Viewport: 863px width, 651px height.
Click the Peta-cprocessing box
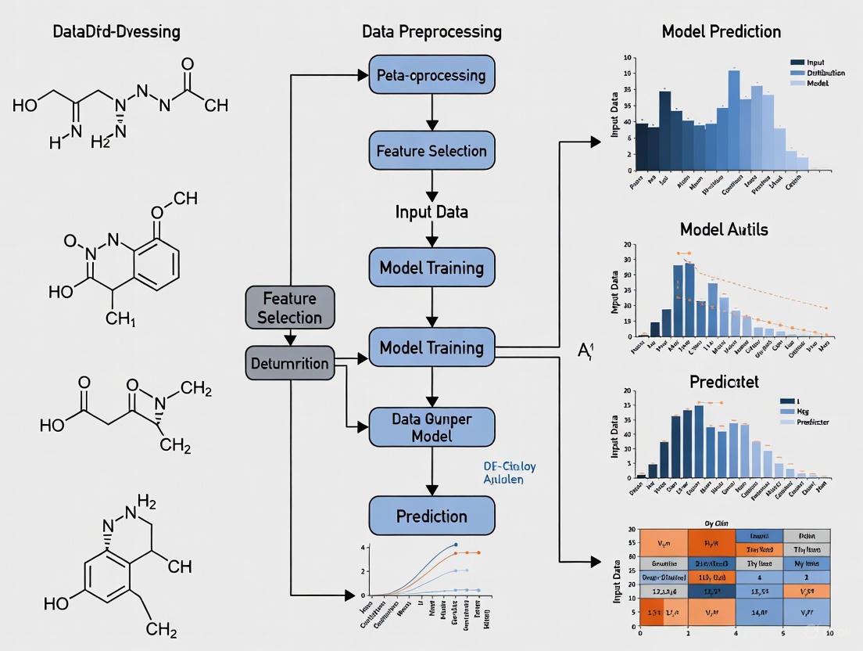[431, 76]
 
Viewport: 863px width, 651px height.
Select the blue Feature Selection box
[431, 151]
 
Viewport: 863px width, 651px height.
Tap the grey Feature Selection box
[289, 308]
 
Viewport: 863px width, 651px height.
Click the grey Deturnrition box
[289, 363]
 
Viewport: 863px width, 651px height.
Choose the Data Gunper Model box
[431, 426]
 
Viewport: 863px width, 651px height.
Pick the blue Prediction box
[431, 516]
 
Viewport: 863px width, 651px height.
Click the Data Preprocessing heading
[431, 32]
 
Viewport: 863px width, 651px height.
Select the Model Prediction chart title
[721, 32]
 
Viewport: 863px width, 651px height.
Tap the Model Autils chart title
[723, 229]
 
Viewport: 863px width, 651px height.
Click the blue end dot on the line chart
[455, 545]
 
